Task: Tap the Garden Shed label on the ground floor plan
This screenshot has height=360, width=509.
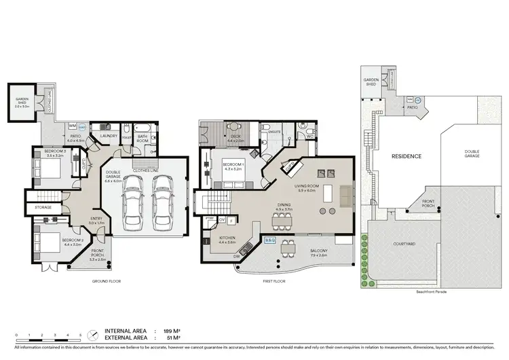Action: point(20,103)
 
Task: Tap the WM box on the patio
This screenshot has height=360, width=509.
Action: point(73,126)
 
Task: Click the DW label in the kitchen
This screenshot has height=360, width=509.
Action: point(237,257)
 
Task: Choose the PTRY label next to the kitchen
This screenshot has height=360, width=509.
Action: point(210,219)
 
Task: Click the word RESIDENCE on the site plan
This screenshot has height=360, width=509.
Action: point(406,156)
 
